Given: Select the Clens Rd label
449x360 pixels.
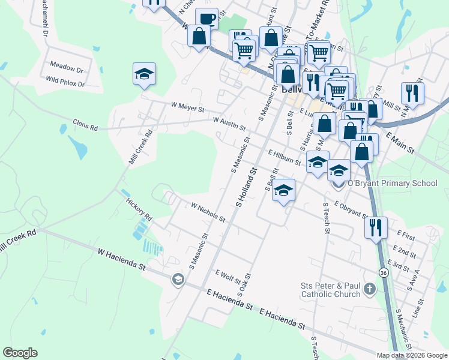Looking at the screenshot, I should coord(85,127).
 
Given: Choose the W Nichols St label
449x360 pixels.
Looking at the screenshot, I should coord(208,212).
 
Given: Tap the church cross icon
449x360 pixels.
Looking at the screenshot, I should coord(370,289).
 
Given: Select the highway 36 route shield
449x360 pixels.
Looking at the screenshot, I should coord(384,272).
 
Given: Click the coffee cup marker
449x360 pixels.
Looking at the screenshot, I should coord(206,18).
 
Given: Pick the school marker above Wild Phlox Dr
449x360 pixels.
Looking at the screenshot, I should coord(144,74).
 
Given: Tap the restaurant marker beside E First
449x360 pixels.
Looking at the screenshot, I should coord(376,227).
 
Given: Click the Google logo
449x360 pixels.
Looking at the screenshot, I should coord(20,353).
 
